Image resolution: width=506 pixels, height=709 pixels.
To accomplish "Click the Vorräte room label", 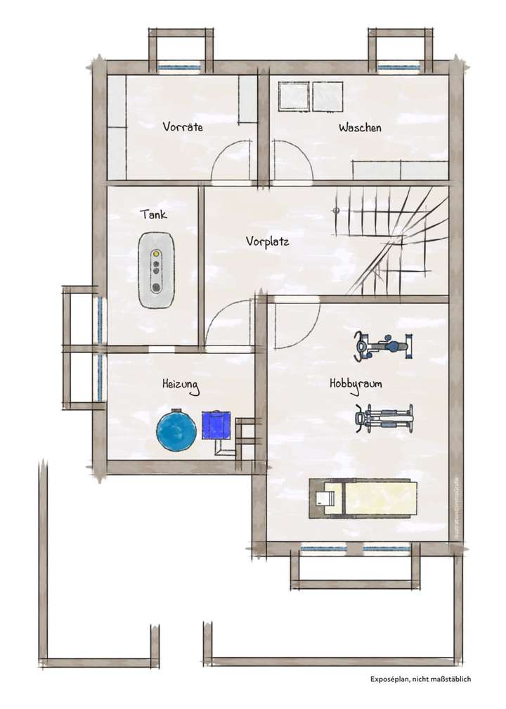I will point(183,127).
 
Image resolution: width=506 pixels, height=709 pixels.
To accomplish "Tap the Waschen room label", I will point(360,128).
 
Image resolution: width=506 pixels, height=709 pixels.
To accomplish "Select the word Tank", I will point(153,214).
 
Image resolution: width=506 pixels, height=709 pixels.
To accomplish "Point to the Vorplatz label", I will point(268,241).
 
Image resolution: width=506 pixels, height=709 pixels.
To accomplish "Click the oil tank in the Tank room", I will point(155,270).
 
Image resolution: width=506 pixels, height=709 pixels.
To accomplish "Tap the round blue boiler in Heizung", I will point(176,430).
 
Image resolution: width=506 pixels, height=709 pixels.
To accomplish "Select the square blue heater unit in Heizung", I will point(216,425).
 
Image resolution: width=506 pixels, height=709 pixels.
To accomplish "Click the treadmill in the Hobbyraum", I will point(363,498).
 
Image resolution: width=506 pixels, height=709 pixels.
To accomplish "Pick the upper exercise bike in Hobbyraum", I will point(382,346).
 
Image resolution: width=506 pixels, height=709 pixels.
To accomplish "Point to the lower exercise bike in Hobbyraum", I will point(384,419).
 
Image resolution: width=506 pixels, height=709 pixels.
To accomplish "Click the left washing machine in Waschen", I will point(293,97).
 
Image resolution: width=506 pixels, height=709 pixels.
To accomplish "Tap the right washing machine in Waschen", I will point(327,97).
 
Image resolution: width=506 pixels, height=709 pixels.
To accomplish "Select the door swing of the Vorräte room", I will point(232,161).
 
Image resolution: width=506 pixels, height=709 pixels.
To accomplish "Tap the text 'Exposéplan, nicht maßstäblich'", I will point(420,679).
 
